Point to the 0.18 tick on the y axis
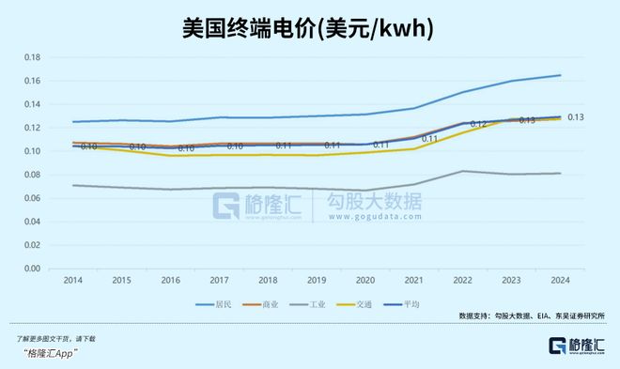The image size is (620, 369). (x=31, y=57)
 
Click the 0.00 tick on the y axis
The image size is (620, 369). (x=31, y=269)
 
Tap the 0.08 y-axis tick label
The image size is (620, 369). (x=31, y=175)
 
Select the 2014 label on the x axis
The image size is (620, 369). (x=72, y=281)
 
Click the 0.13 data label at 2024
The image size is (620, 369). (x=576, y=116)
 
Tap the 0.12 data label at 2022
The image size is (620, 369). (x=478, y=123)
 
